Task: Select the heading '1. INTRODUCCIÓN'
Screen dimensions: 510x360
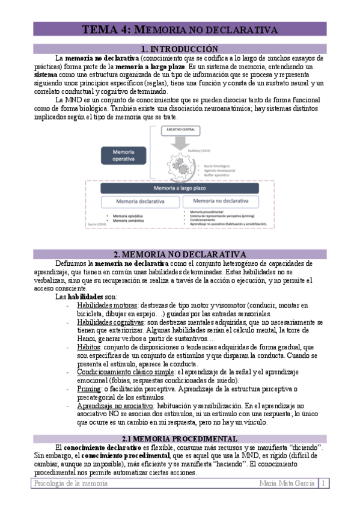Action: [x=180, y=49]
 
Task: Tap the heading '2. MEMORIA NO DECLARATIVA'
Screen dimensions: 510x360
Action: [x=180, y=254]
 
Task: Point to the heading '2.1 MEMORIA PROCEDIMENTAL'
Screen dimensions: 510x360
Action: [x=180, y=438]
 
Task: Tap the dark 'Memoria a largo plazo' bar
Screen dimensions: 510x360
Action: [x=180, y=188]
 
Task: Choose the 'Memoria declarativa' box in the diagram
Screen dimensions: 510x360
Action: [x=139, y=201]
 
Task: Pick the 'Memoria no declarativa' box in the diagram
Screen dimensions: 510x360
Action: [x=221, y=201]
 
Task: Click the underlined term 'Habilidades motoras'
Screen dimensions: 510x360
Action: [x=107, y=306]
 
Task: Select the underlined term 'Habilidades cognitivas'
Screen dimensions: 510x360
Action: [x=110, y=322]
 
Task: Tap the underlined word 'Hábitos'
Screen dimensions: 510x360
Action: [x=89, y=348]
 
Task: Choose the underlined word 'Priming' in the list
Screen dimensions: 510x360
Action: [x=90, y=389]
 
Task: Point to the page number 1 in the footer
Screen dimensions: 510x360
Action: [x=324, y=484]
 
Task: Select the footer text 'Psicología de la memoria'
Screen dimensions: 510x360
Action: [x=69, y=484]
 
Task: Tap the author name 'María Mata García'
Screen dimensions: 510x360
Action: [x=287, y=484]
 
